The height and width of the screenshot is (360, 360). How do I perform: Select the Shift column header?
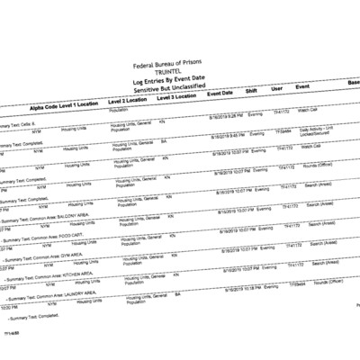[255, 92]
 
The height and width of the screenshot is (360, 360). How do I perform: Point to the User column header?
[278, 90]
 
